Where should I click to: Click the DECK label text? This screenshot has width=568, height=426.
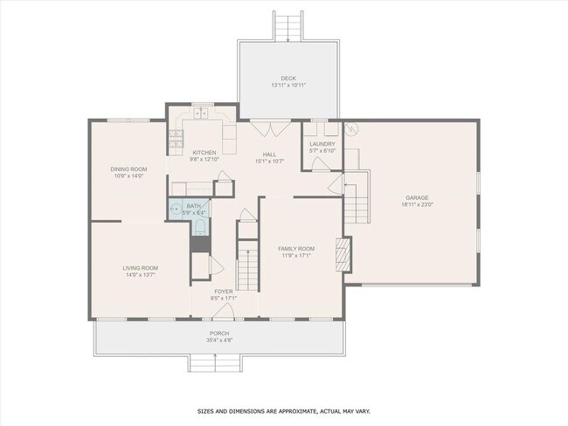tap(288, 78)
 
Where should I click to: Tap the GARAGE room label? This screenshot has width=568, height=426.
tap(416, 197)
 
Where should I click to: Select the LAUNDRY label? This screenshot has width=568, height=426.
tap(322, 143)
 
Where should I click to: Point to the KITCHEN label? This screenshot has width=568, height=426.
tap(204, 153)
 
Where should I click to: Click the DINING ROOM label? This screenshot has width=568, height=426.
tap(128, 168)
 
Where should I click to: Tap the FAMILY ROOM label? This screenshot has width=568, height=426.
tap(298, 249)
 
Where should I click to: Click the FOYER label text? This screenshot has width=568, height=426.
tap(224, 292)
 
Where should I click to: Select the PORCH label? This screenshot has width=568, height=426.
tap(219, 333)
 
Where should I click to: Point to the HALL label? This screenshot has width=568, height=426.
tap(270, 154)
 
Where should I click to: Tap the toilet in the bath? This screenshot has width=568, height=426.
tap(200, 227)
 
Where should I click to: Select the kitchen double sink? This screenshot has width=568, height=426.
tap(202, 113)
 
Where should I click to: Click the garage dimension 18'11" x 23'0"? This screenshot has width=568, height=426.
tap(416, 204)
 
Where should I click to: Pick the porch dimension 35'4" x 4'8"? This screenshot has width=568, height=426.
tap(219, 340)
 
